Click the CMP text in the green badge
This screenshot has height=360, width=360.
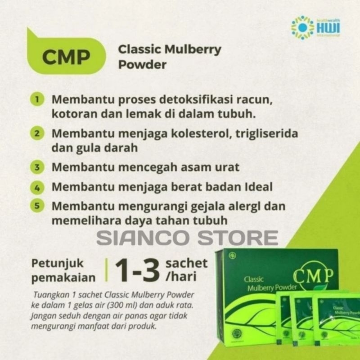(66, 57)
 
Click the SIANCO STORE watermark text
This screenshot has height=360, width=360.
(187, 238)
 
